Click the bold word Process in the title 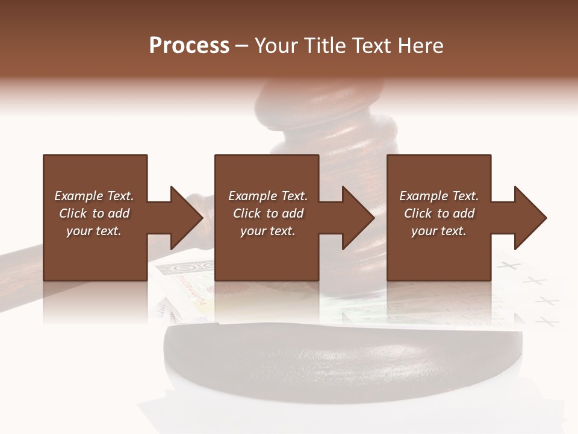(189, 46)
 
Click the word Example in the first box (78, 196)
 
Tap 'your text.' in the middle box (267, 231)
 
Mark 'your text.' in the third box (438, 231)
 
